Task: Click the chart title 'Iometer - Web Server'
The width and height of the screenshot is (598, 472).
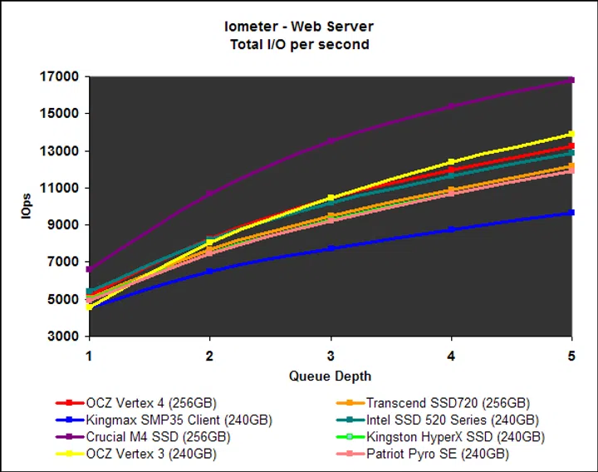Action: click(x=299, y=27)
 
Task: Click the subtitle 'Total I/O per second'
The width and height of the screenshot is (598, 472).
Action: click(x=299, y=44)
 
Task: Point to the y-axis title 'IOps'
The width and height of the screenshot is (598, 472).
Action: click(x=26, y=207)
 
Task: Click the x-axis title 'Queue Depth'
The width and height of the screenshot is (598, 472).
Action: click(x=330, y=376)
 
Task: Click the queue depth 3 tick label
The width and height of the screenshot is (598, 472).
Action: click(x=331, y=353)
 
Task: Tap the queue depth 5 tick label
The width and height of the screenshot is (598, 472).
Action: click(x=571, y=353)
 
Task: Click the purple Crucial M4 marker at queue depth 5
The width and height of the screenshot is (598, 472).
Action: click(x=571, y=80)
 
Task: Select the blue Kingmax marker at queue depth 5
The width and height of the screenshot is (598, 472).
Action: click(x=571, y=213)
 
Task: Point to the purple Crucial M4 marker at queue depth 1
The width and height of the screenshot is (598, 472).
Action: click(x=90, y=269)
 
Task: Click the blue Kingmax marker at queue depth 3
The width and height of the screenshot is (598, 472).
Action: click(x=331, y=248)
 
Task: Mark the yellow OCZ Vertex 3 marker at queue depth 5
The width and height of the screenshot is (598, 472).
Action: click(x=571, y=134)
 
